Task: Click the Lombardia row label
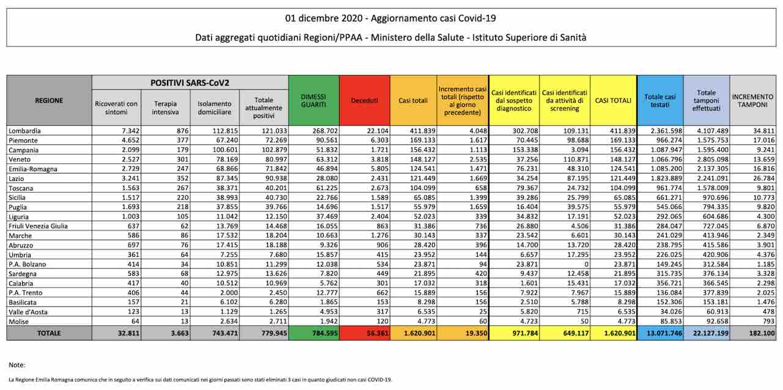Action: tap(25, 131)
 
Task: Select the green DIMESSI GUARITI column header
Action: tap(313, 100)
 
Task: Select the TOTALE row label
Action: tap(49, 333)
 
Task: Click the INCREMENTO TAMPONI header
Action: tap(752, 100)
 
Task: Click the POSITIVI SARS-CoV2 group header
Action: tap(190, 82)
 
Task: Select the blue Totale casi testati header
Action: tap(660, 100)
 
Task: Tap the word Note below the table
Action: tap(17, 365)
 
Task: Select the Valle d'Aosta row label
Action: tap(29, 312)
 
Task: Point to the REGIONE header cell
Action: tap(49, 100)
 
